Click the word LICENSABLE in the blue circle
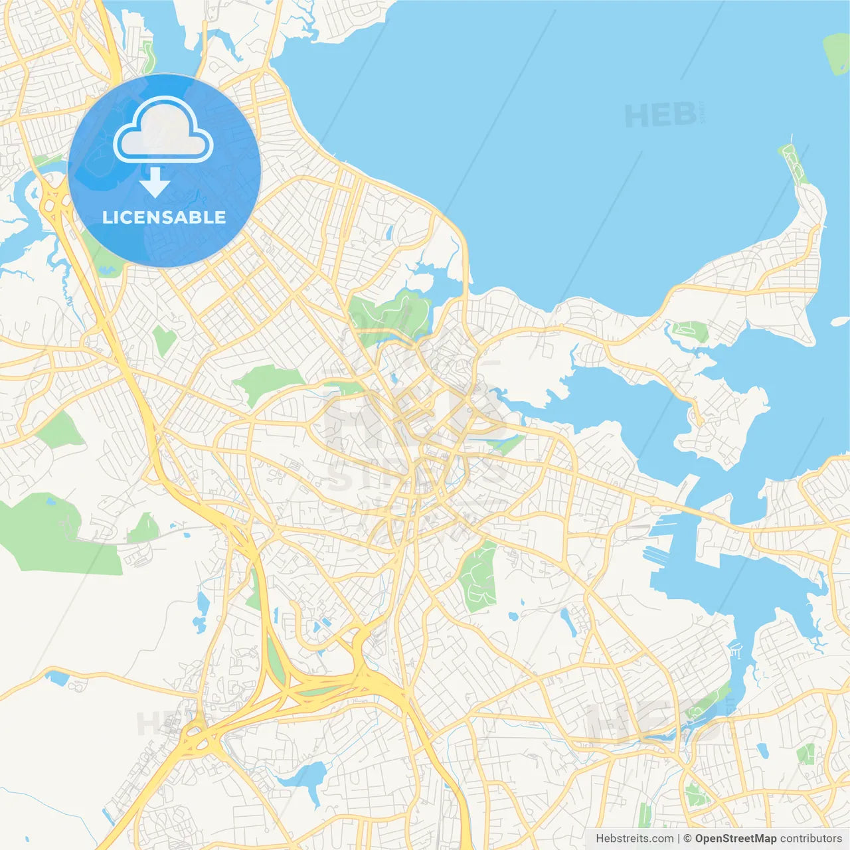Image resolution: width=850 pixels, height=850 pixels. coord(164,217)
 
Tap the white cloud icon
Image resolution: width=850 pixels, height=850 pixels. coord(163,131)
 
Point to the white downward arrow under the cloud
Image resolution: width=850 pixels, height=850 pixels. coord(155,182)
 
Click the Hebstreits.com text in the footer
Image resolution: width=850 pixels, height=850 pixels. coord(634,838)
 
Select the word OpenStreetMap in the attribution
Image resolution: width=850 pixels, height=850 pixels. coord(735,838)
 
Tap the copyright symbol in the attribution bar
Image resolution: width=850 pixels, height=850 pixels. coord(687,838)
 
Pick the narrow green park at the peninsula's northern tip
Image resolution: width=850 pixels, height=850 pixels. coord(794,163)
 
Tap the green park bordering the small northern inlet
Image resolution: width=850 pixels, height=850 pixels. coord(392,312)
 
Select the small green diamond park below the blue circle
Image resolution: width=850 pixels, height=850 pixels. coord(163,340)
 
